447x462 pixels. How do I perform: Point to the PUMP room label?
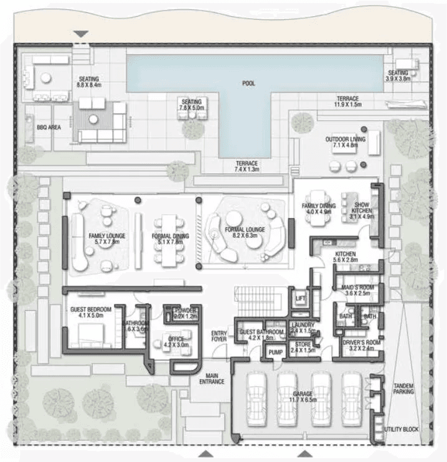pyautogui.click(x=276, y=353)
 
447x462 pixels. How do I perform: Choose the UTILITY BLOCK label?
pyautogui.click(x=402, y=430)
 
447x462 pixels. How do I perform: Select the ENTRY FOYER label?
pyautogui.click(x=219, y=336)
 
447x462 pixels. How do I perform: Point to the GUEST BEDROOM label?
pyautogui.click(x=90, y=312)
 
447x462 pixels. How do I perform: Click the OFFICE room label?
pyautogui.click(x=175, y=341)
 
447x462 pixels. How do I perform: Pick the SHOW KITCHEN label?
pyautogui.click(x=362, y=208)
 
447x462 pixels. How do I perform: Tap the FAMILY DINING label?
pyautogui.click(x=319, y=209)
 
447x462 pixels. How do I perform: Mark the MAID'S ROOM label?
pyautogui.click(x=358, y=290)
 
